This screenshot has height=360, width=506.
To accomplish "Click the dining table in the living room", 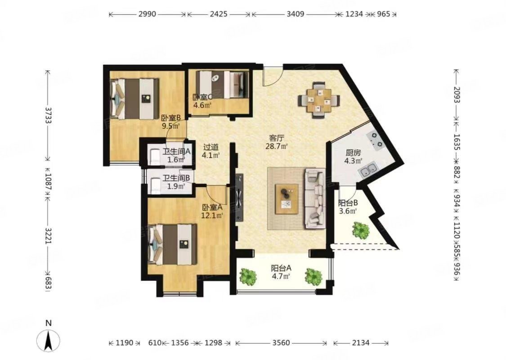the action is point(319,100).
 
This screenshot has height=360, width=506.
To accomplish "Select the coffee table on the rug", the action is point(287,199).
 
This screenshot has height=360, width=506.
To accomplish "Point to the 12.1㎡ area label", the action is point(212,215).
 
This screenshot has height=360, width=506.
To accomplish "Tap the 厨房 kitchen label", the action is point(353,153).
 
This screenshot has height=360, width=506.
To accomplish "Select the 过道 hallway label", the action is point(211,147).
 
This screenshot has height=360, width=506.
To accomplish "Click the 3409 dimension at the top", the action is point(295,14).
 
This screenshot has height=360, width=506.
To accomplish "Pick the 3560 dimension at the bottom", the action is point(281,342).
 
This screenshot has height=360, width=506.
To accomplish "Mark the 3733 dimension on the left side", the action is point(49,115).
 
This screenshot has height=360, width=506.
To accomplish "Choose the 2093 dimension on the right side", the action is point(457,94).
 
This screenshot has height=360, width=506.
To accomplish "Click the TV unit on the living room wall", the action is point(240,198).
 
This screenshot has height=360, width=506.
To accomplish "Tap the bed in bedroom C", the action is point(222,84).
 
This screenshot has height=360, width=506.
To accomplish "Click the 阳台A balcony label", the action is point(281,268).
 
